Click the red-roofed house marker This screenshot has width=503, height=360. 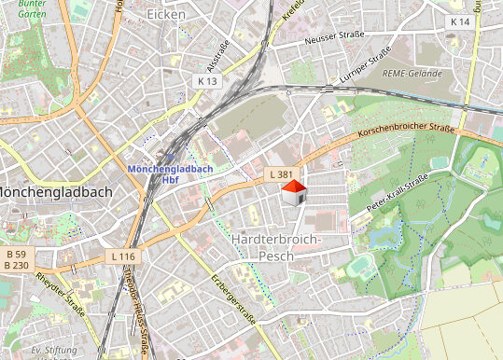tap(293, 194)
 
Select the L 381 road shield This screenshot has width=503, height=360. tap(279, 174)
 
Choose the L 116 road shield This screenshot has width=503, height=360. tap(122, 256)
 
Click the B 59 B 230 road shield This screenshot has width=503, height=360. tap(15, 259)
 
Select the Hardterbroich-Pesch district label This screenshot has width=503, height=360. tap(275, 247)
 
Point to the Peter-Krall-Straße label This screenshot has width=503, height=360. tap(397, 191)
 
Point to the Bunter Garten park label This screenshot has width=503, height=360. tap(19, 10)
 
